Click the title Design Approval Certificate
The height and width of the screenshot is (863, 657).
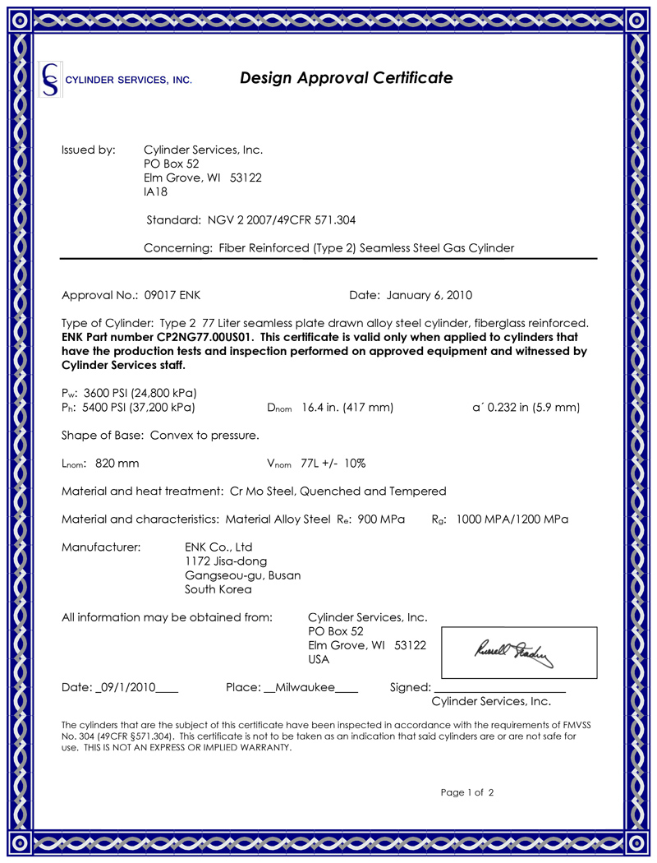click(x=346, y=78)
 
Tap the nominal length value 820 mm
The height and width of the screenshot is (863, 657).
click(x=117, y=463)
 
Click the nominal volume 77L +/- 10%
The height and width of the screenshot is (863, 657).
click(x=333, y=463)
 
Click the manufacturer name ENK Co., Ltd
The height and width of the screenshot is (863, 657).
click(x=219, y=547)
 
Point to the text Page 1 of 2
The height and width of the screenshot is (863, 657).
click(x=467, y=792)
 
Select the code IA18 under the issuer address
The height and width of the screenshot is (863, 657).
click(x=156, y=192)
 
